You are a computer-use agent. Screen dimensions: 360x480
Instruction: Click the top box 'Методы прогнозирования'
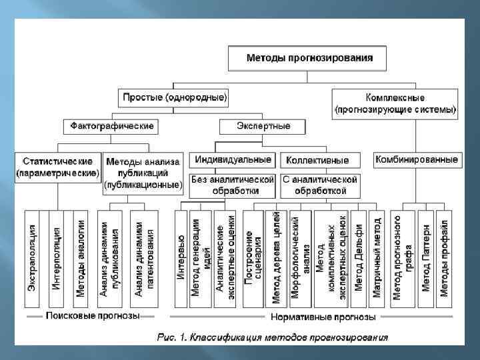click(309, 58)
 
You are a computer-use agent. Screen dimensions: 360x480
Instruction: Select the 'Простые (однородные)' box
click(175, 97)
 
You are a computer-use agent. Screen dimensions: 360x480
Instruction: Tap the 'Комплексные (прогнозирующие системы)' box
click(395, 103)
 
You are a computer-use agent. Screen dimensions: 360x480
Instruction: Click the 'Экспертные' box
click(263, 125)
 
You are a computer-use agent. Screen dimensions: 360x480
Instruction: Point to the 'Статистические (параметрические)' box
click(57, 167)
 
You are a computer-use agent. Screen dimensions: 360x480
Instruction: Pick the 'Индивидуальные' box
click(233, 160)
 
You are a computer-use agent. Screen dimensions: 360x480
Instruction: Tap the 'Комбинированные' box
click(416, 160)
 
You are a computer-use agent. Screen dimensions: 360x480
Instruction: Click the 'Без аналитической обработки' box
click(233, 185)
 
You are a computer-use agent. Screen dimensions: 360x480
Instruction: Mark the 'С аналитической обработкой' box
click(319, 185)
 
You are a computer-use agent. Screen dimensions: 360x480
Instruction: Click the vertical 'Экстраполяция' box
click(32, 257)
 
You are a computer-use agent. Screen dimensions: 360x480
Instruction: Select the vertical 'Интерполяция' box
click(57, 257)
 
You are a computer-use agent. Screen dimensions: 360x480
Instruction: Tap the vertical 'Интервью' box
click(181, 257)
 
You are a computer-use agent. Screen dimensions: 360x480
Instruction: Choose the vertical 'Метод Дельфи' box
click(359, 257)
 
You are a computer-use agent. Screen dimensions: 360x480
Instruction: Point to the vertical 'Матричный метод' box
click(377, 257)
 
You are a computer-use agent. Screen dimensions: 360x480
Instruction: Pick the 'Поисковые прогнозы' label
click(93, 316)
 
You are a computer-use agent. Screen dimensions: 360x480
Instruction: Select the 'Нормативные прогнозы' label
click(322, 316)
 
